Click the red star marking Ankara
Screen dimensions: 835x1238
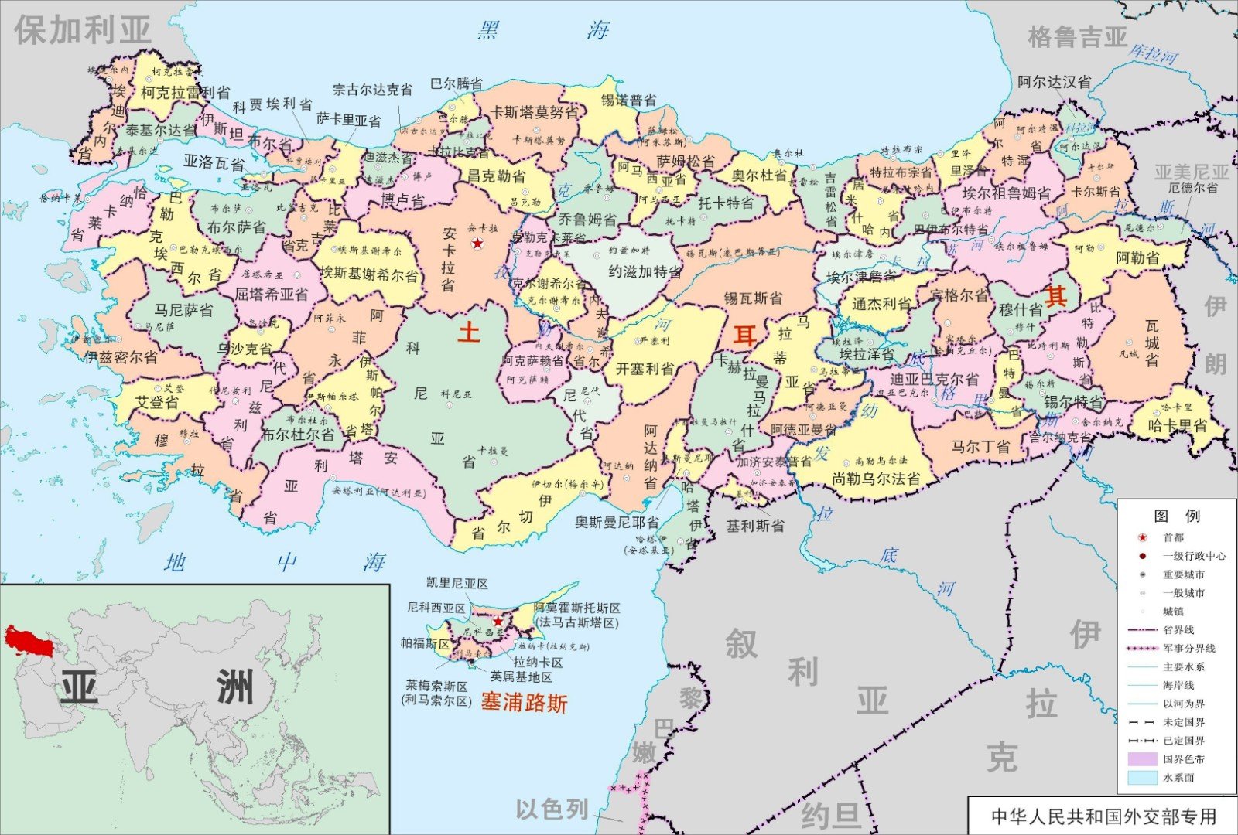pyautogui.click(x=478, y=244)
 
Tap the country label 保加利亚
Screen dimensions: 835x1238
pyautogui.click(x=82, y=30)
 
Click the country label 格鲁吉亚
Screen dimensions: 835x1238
pyautogui.click(x=1077, y=36)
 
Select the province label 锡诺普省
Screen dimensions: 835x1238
pyautogui.click(x=629, y=101)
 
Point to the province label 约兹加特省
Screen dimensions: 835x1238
pyautogui.click(x=645, y=271)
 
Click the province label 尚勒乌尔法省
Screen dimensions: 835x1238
pyautogui.click(x=876, y=479)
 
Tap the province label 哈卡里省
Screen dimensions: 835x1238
pyautogui.click(x=1177, y=425)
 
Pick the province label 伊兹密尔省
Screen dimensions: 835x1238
pyautogui.click(x=121, y=357)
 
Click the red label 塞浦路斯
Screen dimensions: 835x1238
pyautogui.click(x=524, y=702)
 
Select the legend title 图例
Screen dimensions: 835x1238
pyautogui.click(x=1176, y=516)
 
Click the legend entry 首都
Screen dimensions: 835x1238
pyautogui.click(x=1173, y=537)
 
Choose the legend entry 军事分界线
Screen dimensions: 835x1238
pyautogui.click(x=1188, y=648)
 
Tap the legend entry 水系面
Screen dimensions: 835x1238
pyautogui.click(x=1178, y=778)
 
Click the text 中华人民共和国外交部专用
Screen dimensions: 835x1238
pyautogui.click(x=1103, y=816)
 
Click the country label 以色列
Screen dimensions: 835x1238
pyautogui.click(x=552, y=809)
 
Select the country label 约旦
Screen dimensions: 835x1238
pyautogui.click(x=830, y=815)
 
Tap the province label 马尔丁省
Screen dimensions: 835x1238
pyautogui.click(x=980, y=446)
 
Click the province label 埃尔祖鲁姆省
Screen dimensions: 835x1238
pyautogui.click(x=1006, y=193)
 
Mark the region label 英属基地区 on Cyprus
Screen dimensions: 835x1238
pyautogui.click(x=521, y=677)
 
